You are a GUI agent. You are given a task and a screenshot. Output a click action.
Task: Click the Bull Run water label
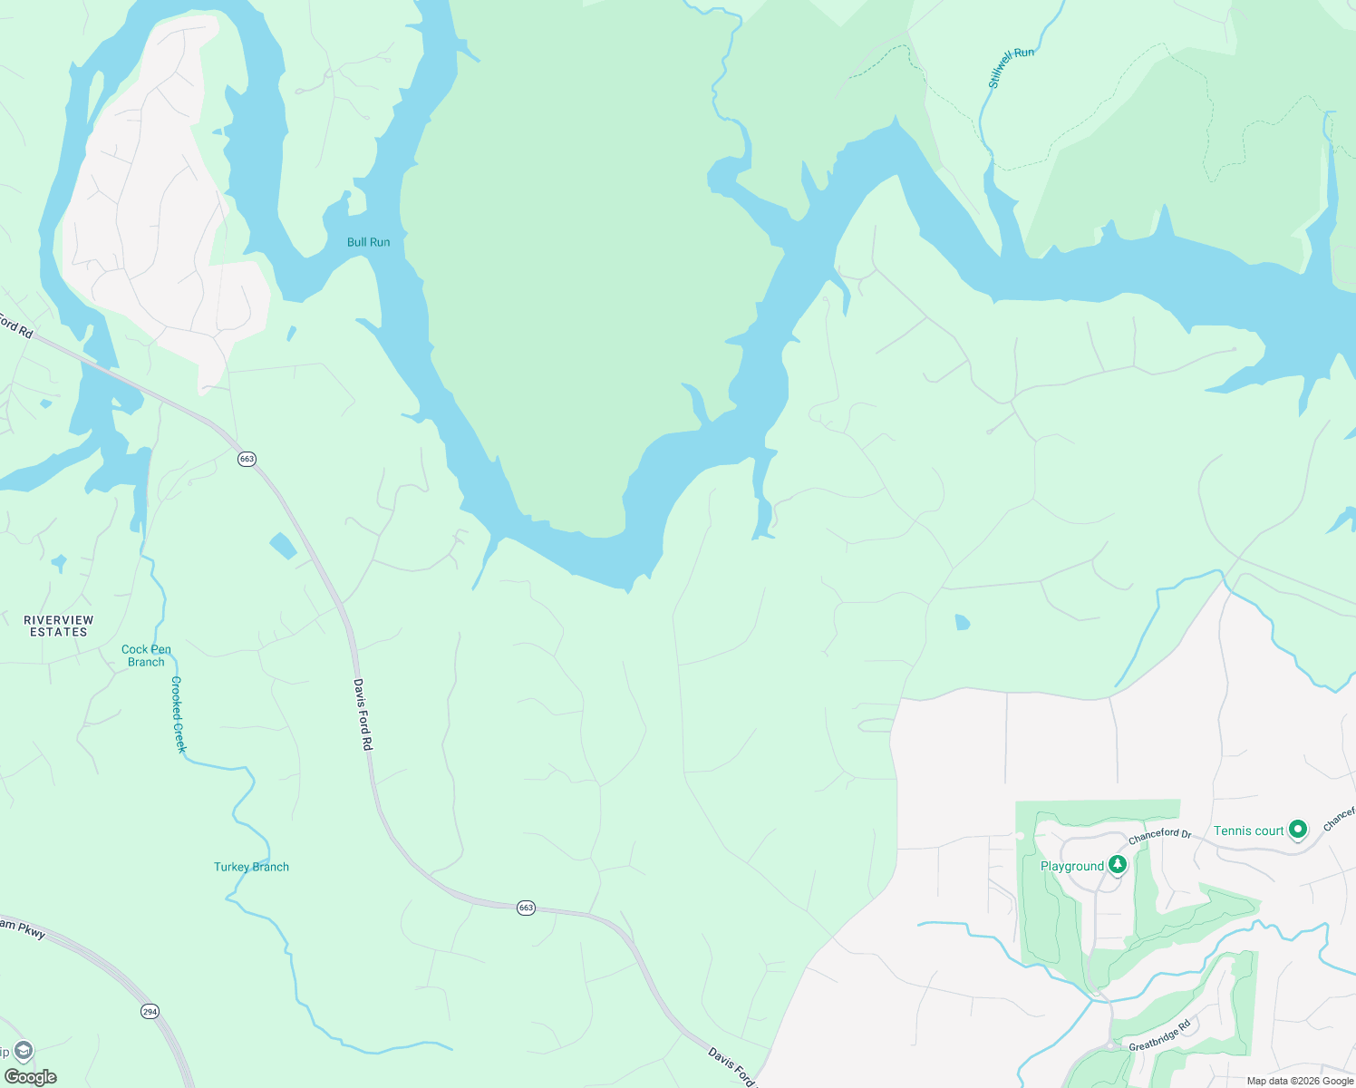pos(368,242)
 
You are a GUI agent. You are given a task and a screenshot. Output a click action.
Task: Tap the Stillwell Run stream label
pos(1011,68)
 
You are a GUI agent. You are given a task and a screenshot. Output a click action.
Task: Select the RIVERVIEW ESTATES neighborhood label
pos(59,626)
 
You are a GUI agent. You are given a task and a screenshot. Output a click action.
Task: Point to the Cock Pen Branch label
pos(146,656)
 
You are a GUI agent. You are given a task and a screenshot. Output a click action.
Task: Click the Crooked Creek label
pos(179,714)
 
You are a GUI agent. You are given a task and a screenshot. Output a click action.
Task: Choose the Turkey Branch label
pos(251,867)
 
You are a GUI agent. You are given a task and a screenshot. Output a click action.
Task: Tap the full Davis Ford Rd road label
pos(363,714)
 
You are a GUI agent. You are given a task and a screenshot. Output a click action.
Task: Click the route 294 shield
pos(150,1011)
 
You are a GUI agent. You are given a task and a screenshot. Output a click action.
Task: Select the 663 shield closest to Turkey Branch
pos(526,908)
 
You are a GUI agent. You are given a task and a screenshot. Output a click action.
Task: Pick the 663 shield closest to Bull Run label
pos(247,459)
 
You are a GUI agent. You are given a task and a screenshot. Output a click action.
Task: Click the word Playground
pos(1072,866)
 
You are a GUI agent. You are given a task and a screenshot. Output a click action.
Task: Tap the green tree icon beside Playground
pos(1118,864)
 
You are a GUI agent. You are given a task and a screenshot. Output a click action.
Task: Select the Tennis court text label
pos(1248,831)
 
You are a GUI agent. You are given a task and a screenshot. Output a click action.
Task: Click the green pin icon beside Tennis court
pos(1298,829)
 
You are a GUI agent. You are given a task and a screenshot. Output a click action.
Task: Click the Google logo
pos(30,1077)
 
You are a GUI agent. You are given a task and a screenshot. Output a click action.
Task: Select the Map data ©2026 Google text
pos(1300,1081)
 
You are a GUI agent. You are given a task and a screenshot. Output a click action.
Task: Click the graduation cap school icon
pos(23,1051)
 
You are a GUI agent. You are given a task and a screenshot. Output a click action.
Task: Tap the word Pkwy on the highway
pos(33,929)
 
